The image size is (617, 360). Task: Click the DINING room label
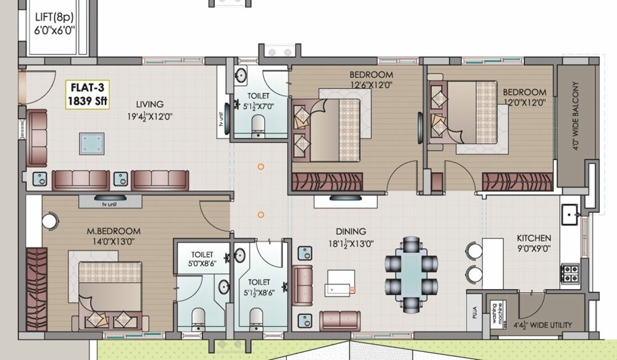tap(350, 232)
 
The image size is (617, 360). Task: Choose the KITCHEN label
tap(534, 238)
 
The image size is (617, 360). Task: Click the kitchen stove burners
tap(568, 272)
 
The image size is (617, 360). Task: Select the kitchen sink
tap(569, 216)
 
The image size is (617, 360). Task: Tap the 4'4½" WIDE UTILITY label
tap(543, 325)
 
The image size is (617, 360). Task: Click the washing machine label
tap(498, 314)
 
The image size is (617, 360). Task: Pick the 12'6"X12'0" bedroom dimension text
tap(371, 85)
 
